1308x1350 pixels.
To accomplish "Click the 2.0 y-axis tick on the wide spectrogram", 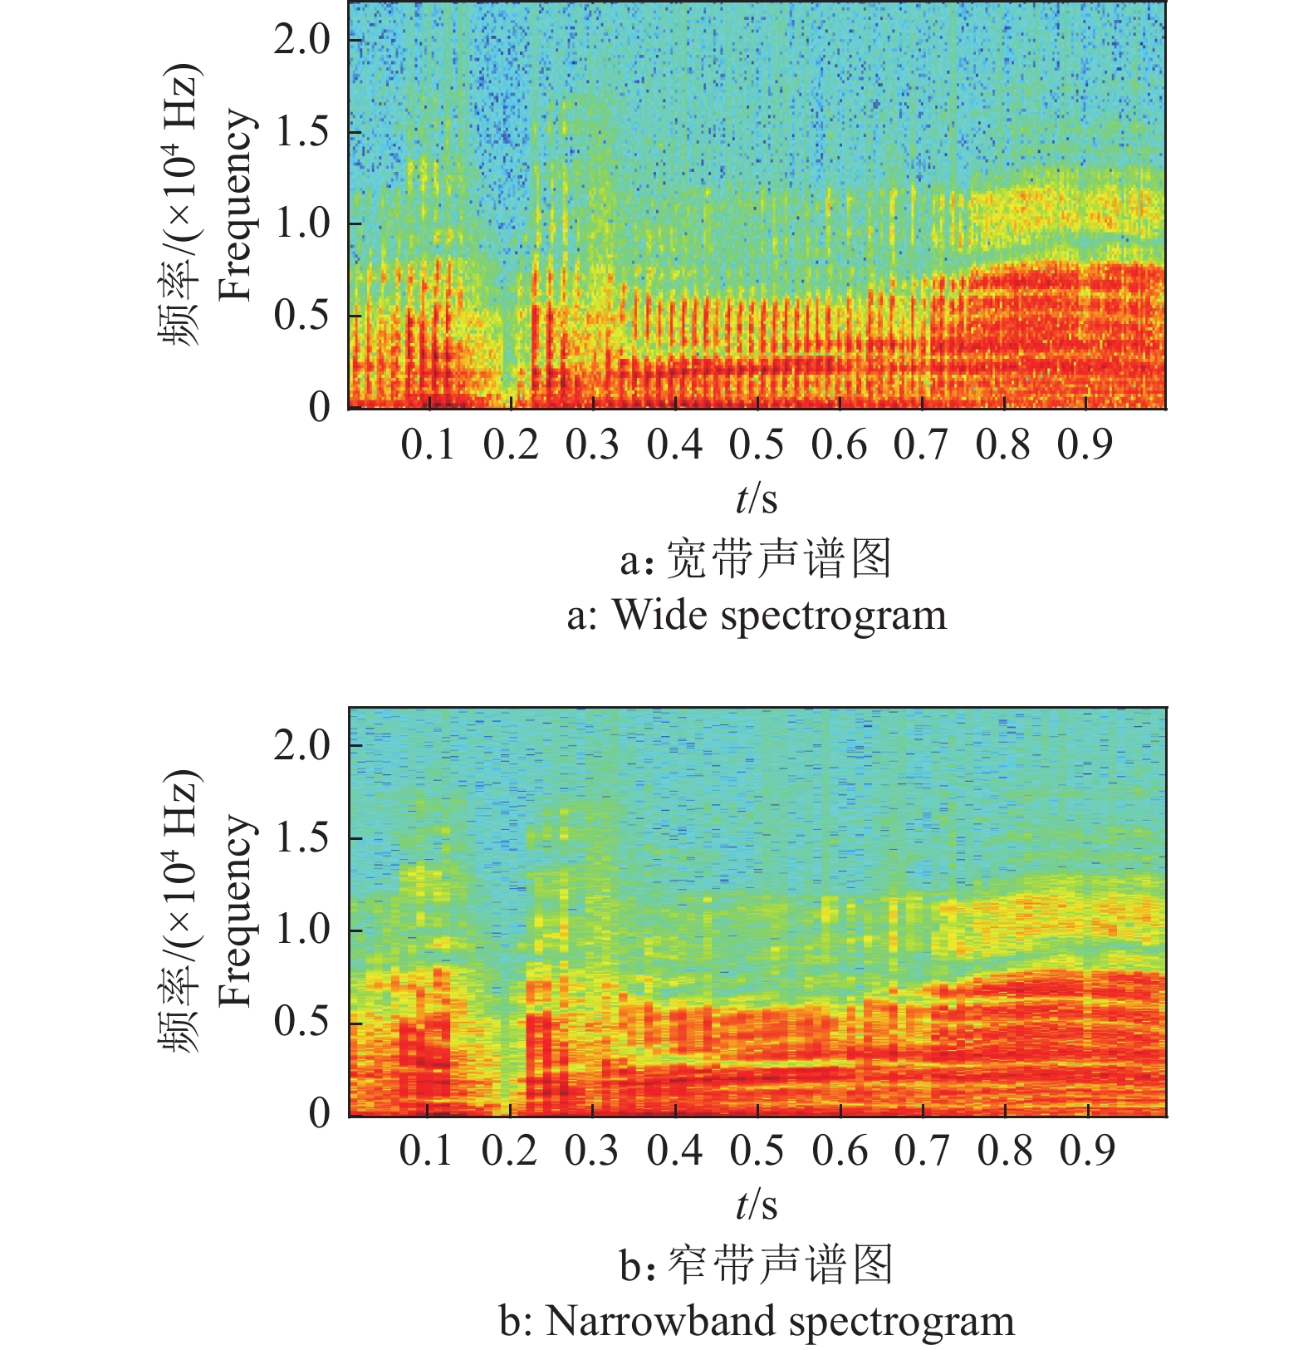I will [301, 39].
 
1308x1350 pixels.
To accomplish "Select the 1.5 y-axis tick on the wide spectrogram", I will [301, 131].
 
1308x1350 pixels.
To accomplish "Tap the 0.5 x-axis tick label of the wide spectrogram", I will [757, 444].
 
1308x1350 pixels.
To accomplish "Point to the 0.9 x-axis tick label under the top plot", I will [1085, 444].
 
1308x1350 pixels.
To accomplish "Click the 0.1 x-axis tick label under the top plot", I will [429, 444].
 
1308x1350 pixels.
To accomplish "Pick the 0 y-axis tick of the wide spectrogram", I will [320, 407].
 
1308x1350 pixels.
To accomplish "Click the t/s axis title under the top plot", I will [757, 498].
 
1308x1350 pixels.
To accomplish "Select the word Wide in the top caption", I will [660, 616].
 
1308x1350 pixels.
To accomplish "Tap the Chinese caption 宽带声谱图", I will [779, 558].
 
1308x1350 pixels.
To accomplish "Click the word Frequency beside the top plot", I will [236, 204].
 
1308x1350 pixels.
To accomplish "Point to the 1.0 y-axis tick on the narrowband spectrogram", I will [301, 929].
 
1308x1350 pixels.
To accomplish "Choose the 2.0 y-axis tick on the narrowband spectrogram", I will [301, 745].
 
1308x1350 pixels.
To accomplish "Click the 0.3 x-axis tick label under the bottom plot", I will [592, 1151].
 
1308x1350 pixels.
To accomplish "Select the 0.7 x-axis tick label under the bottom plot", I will [921, 1151].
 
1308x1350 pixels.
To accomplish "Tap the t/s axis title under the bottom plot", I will [757, 1205].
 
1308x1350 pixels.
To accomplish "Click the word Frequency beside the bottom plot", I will [236, 911].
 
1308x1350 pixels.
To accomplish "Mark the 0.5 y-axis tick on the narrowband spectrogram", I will [301, 1021].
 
